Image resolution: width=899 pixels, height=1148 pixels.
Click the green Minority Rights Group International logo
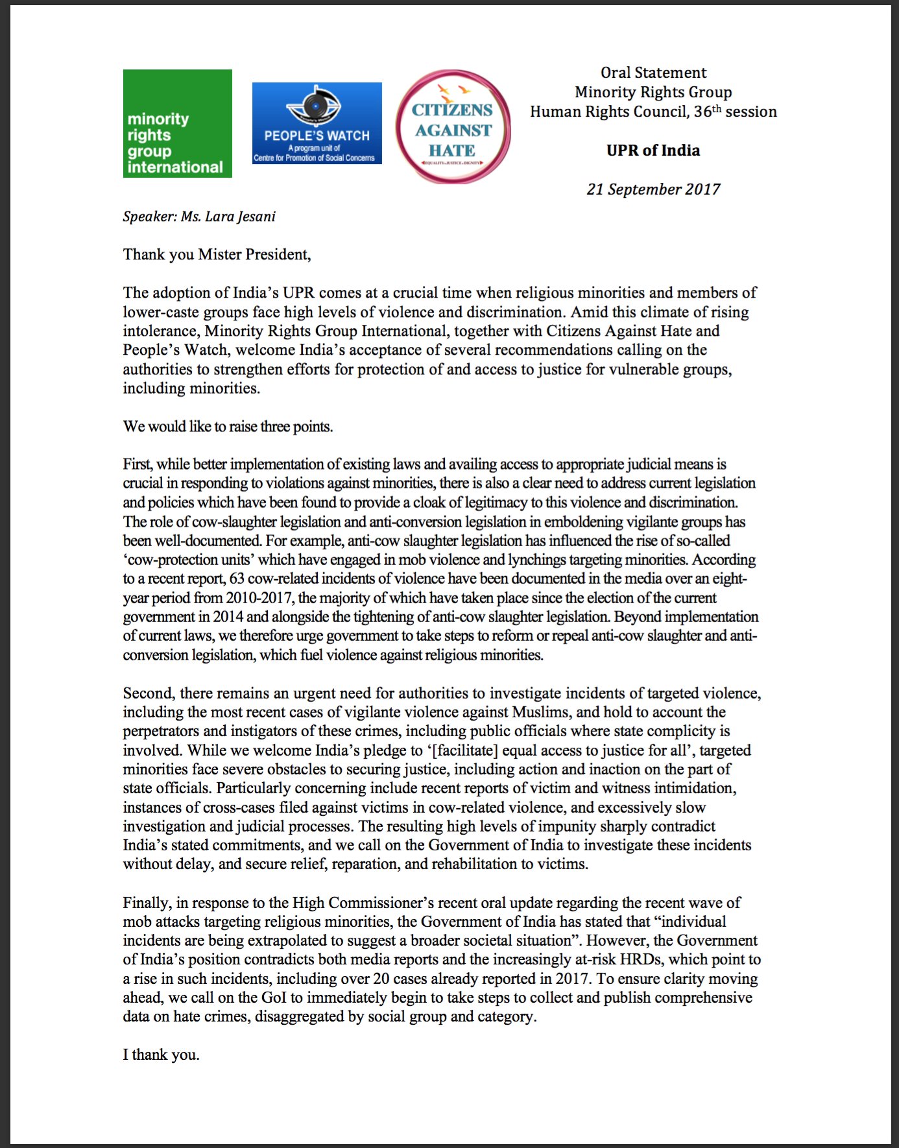tap(177, 123)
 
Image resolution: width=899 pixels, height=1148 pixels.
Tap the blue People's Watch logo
tap(317, 123)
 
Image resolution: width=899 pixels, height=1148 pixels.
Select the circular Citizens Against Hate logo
tap(453, 127)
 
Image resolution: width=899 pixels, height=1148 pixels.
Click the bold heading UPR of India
tap(653, 150)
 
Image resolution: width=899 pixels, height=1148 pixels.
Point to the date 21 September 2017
tap(653, 189)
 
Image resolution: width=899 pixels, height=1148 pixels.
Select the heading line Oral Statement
tap(653, 73)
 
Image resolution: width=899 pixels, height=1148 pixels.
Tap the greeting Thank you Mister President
tap(217, 254)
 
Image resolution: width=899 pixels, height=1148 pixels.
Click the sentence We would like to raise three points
tap(228, 427)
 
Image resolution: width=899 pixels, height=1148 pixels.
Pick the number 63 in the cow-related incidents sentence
tap(237, 579)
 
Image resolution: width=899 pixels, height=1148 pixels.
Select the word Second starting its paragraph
tap(148, 693)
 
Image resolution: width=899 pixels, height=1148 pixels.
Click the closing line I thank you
tap(161, 1055)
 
